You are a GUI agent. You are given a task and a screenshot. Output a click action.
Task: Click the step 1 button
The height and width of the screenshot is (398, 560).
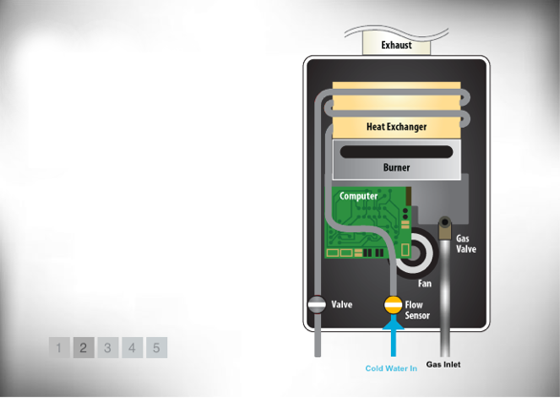59,347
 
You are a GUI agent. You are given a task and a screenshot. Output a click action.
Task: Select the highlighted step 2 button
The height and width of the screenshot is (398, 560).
83,347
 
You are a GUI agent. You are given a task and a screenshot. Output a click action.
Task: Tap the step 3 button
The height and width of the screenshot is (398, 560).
108,347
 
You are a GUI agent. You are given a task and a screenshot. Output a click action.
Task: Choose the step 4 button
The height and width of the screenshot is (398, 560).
133,347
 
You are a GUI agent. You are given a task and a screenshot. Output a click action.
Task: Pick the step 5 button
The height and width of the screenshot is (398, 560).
157,347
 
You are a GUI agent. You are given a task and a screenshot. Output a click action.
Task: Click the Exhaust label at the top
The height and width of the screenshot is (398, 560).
397,45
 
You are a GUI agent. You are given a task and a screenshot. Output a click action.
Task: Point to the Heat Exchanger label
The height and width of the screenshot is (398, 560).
397,127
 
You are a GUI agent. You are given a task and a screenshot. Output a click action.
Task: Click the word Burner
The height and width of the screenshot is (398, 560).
397,167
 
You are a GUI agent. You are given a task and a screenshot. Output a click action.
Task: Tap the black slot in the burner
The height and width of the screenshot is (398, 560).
397,152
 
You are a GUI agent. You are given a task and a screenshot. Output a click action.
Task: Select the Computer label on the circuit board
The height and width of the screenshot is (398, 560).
358,197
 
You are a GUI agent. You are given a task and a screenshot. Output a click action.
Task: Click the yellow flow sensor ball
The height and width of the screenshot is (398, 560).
393,304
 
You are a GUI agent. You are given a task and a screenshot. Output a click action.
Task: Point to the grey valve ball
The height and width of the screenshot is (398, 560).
316,304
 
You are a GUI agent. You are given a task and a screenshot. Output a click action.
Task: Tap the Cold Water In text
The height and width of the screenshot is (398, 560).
391,368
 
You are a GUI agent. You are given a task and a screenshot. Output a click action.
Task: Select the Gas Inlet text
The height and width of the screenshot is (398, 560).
443,365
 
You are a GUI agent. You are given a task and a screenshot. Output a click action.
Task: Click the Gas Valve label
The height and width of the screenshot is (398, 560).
465,243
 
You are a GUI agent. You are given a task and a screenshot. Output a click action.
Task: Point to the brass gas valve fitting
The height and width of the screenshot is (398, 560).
444,227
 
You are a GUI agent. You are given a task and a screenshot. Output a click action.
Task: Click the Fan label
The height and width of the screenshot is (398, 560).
424,283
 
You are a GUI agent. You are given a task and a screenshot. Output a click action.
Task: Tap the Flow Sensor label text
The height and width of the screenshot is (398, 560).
418,310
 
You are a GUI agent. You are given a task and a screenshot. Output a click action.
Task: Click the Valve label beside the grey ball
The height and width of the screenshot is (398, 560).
342,304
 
